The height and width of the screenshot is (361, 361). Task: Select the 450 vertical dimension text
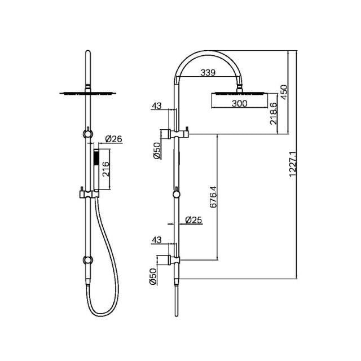click(x=284, y=91)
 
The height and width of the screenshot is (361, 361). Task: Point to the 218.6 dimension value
click(x=273, y=113)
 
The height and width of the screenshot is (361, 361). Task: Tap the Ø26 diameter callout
click(x=114, y=138)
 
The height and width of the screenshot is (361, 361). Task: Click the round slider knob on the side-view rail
click(x=178, y=195)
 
